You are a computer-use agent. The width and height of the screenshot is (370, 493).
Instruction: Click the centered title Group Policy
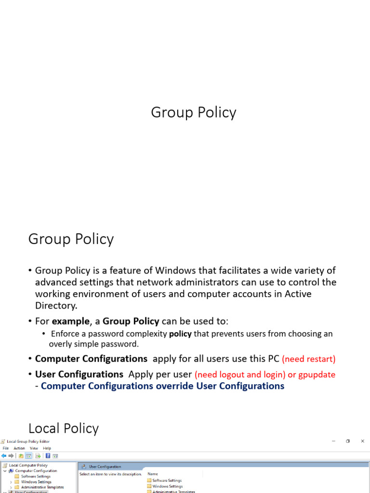coord(194,112)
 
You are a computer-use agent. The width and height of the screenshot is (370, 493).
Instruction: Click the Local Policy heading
coord(64,428)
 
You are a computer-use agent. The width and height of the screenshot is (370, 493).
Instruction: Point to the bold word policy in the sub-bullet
coord(180,334)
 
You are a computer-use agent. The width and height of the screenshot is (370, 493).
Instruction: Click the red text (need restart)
coord(309,359)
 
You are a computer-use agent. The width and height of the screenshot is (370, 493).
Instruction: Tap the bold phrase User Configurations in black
coord(79,374)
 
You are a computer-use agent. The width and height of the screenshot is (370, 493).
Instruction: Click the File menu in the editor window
coord(6,448)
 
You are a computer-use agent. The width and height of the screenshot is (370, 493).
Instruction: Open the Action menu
coord(19,448)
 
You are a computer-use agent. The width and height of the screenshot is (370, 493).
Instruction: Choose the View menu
coord(34,448)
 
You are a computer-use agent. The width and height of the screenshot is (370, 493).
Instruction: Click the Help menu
coord(47,448)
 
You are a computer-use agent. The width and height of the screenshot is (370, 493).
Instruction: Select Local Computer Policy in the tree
coord(28,466)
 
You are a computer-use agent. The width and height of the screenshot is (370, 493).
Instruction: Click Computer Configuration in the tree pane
coord(36,471)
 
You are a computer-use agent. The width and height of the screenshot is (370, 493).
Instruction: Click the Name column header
coord(153,474)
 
